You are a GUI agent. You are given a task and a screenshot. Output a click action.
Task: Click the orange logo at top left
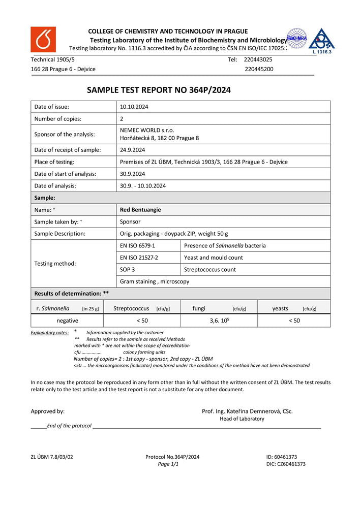click(x=43, y=40)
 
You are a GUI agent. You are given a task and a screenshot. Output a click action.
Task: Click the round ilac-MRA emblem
click(x=296, y=38)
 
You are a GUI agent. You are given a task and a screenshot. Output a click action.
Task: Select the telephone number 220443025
click(x=258, y=59)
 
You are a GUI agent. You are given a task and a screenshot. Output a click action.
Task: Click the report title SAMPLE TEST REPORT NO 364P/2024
click(x=159, y=90)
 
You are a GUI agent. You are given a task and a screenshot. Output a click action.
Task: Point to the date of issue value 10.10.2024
click(x=134, y=107)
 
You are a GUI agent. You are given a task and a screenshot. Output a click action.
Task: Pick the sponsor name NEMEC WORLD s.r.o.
click(x=147, y=130)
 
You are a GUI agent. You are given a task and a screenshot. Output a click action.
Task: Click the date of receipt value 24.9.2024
click(x=133, y=150)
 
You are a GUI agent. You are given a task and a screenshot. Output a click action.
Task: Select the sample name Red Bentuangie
click(x=140, y=209)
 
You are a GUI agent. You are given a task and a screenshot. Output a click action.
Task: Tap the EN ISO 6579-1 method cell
click(x=138, y=245)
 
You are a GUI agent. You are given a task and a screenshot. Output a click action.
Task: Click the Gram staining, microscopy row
click(x=155, y=281)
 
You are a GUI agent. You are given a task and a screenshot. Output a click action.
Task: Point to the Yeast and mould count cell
click(x=214, y=258)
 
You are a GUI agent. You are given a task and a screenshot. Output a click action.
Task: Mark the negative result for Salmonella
click(x=67, y=321)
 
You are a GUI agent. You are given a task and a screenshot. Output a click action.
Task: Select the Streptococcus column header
click(x=131, y=308)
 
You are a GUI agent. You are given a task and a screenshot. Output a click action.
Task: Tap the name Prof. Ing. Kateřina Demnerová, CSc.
click(x=247, y=411)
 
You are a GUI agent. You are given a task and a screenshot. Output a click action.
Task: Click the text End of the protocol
click(x=69, y=426)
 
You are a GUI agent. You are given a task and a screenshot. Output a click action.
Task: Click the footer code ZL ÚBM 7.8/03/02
click(x=52, y=457)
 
